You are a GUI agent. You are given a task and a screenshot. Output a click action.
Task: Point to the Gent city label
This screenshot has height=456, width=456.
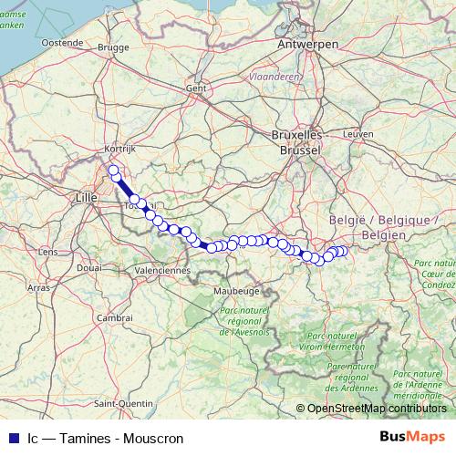pyautogui.click(x=195, y=88)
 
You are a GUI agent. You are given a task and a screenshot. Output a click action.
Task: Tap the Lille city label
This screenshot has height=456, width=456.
pyautogui.click(x=87, y=196)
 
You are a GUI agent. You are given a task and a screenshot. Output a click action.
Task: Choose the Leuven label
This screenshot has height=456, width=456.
pyautogui.click(x=358, y=133)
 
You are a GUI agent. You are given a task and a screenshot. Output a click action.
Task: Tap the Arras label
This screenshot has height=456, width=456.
pyautogui.click(x=39, y=286)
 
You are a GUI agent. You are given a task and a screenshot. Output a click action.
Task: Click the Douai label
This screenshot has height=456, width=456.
pyautogui.click(x=89, y=268)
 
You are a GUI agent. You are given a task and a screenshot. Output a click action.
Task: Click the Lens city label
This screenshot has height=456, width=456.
pyautogui.click(x=48, y=251)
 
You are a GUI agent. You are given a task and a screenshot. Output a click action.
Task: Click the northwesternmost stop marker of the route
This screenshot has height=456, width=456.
pyautogui.click(x=113, y=170)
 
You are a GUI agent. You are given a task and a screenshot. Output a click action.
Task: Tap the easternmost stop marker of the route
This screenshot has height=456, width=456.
pyautogui.click(x=343, y=251)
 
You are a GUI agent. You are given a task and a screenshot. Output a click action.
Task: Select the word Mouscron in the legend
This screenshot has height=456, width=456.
pyautogui.click(x=154, y=439)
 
